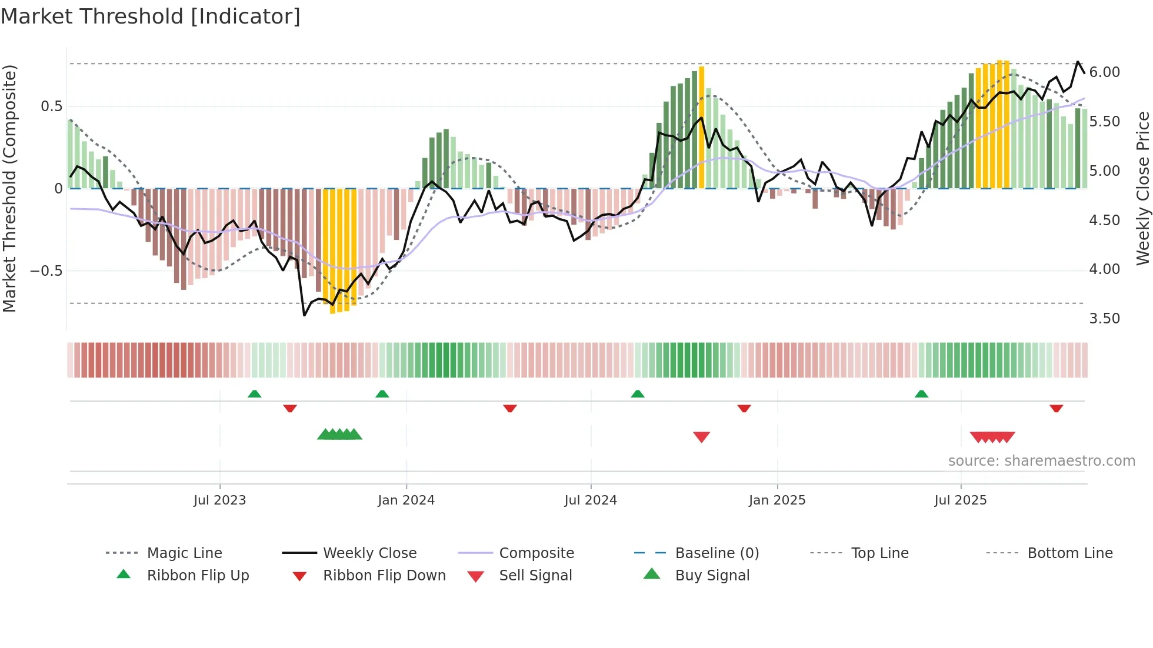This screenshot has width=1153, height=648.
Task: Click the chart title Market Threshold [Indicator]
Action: [x=151, y=16]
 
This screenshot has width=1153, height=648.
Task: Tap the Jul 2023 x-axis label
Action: [x=219, y=500]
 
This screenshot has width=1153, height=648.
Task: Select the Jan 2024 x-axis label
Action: [x=406, y=500]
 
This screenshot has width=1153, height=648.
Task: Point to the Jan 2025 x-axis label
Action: [x=777, y=500]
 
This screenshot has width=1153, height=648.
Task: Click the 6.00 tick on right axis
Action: [x=1104, y=72]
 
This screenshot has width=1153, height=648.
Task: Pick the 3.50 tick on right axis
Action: [x=1104, y=319]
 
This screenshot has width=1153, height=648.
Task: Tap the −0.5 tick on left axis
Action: [x=46, y=271]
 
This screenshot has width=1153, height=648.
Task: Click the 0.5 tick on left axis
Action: [x=51, y=106]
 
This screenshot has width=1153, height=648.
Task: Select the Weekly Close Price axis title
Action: [x=1142, y=188]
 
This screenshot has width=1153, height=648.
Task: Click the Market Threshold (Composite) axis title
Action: [x=9, y=188]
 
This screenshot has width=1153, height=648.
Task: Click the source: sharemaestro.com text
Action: [x=1041, y=461]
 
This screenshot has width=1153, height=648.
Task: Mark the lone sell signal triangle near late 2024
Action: [x=701, y=437]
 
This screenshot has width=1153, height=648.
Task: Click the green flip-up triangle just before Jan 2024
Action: [x=382, y=394]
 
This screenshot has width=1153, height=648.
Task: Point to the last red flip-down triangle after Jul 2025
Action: [x=1056, y=408]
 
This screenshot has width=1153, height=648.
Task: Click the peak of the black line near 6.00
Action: [x=1078, y=62]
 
